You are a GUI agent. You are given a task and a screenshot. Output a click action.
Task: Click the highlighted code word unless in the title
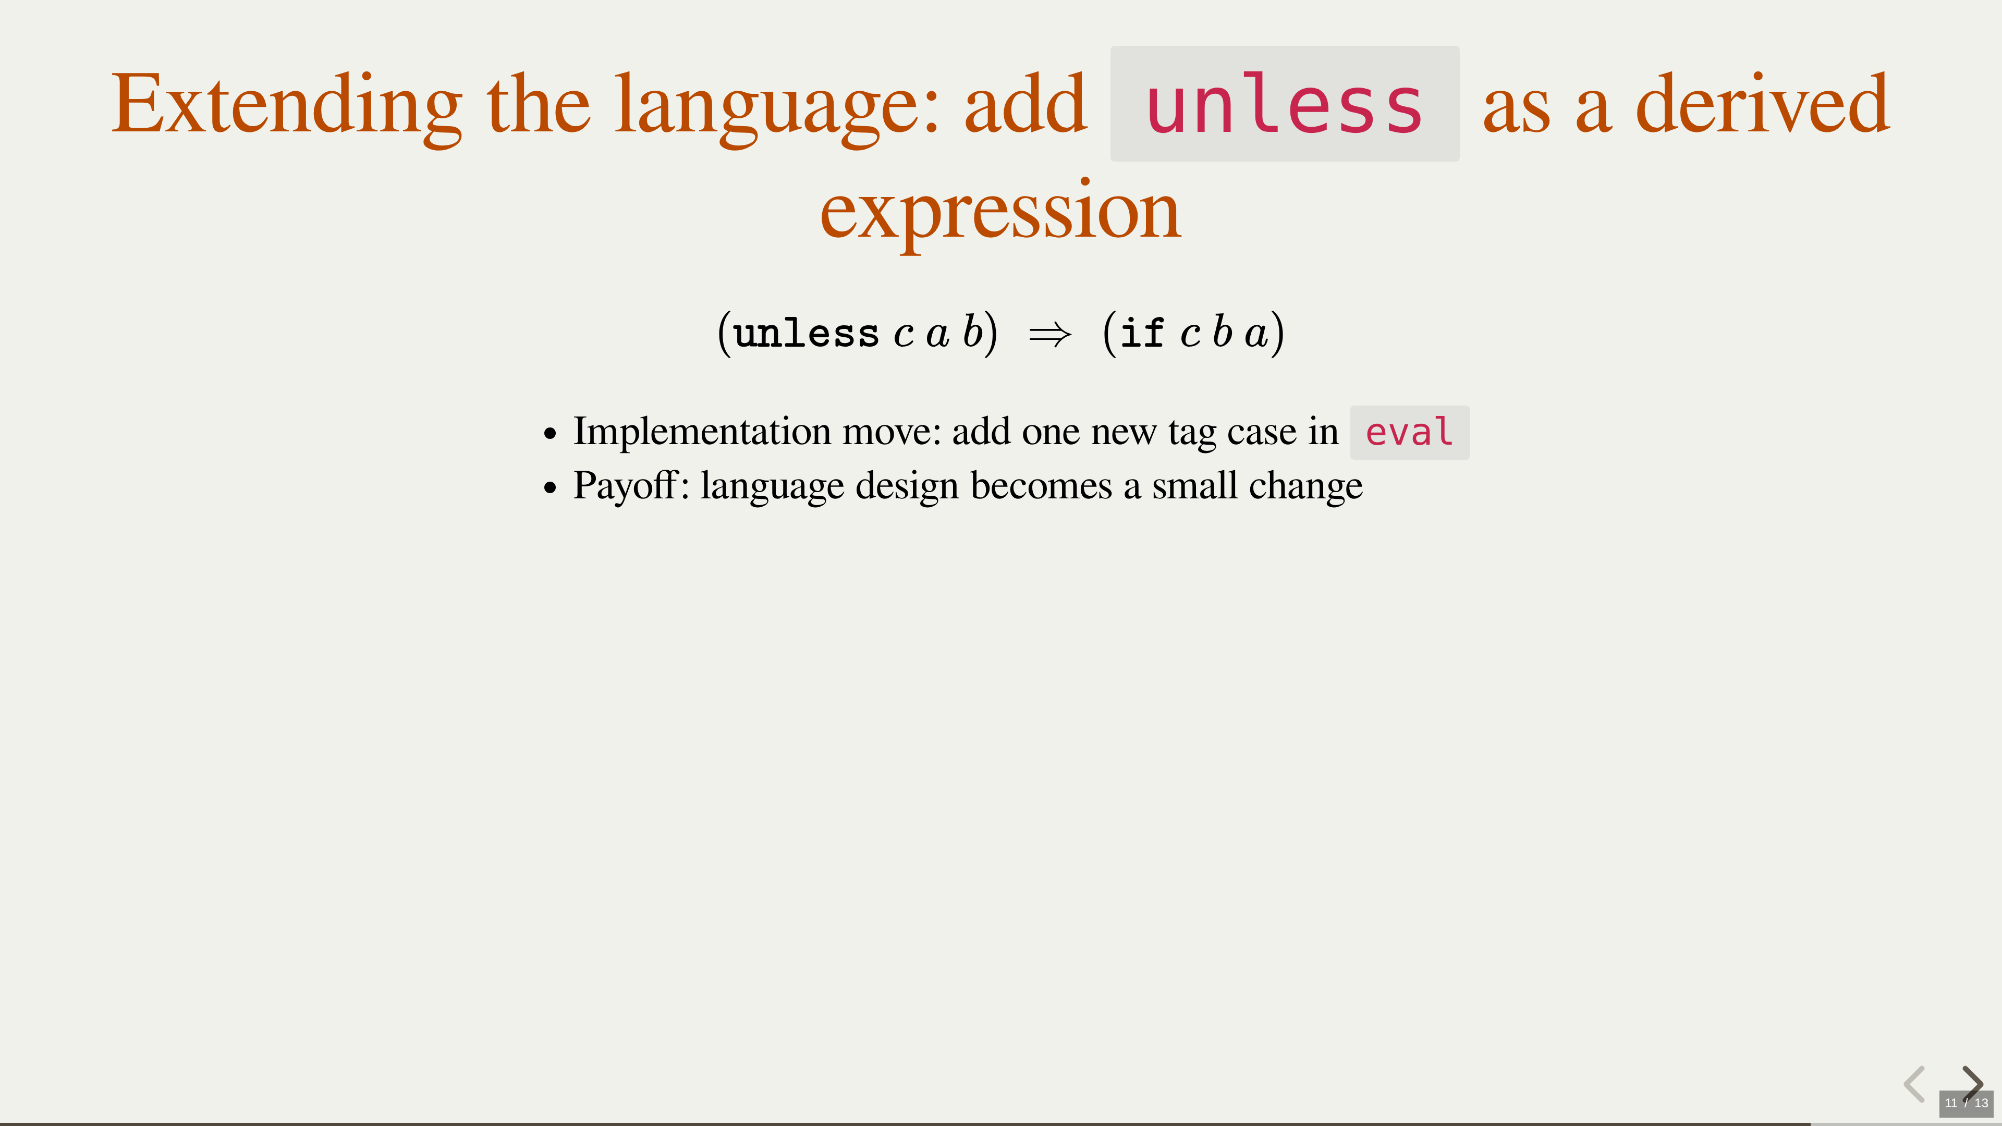tap(1285, 104)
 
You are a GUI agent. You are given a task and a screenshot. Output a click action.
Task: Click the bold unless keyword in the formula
tap(806, 334)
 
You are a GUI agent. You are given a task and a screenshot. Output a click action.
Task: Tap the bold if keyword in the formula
tap(1142, 334)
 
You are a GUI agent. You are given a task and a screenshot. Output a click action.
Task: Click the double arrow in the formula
tap(1050, 335)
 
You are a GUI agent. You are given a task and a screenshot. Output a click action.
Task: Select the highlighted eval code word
tap(1410, 432)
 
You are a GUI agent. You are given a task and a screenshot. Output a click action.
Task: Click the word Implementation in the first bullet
tap(703, 432)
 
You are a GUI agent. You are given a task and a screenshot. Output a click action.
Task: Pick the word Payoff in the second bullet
tap(625, 486)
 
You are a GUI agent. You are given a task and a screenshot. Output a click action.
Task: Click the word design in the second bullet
tap(907, 486)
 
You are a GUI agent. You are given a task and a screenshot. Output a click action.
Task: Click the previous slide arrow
tap(1914, 1084)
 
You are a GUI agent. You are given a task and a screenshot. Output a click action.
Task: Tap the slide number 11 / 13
tap(1966, 1103)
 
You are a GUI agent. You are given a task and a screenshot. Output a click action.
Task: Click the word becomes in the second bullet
tap(1042, 486)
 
